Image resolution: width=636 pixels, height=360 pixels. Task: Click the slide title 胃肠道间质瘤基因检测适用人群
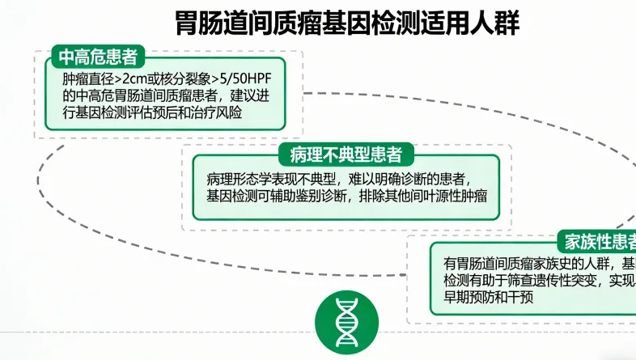pyautogui.click(x=347, y=22)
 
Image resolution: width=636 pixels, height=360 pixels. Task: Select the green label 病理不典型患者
pyautogui.click(x=346, y=155)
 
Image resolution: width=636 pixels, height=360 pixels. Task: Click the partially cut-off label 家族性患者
pyautogui.click(x=599, y=241)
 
